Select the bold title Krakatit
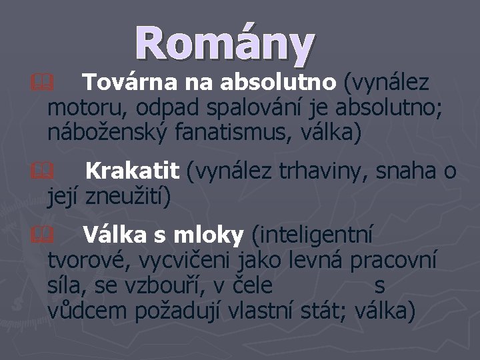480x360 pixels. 132,172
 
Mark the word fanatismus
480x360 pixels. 244,131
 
